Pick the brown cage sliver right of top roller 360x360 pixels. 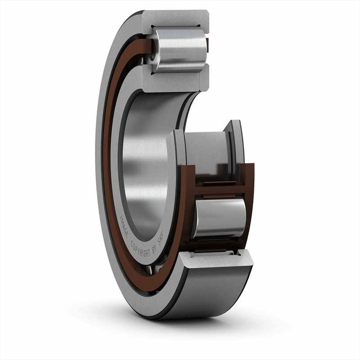[207, 45]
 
